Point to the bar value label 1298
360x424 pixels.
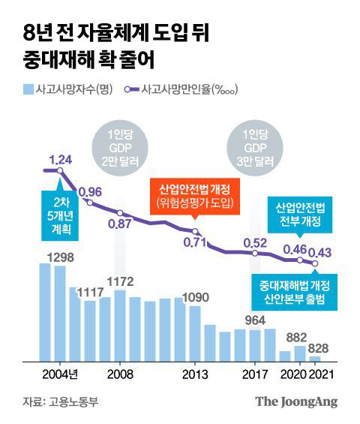click(60, 258)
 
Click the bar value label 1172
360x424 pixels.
click(120, 281)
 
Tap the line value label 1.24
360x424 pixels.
click(61, 159)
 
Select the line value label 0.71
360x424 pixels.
click(194, 242)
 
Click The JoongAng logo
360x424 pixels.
click(296, 401)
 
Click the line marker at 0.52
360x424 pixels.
click(256, 254)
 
